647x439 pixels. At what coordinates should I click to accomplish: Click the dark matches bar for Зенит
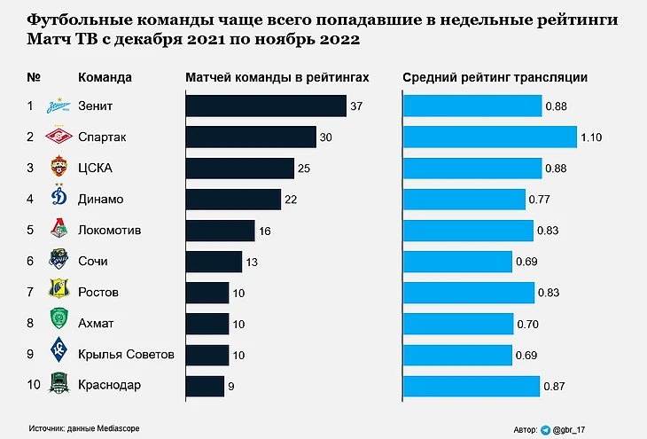tap(265, 106)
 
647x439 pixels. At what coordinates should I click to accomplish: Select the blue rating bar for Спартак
tap(490, 137)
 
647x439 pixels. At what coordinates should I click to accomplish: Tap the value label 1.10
tap(592, 137)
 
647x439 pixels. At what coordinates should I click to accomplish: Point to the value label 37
tap(357, 106)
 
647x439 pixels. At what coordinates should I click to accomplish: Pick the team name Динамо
tap(101, 200)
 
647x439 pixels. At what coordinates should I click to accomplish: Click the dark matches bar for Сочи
tap(214, 262)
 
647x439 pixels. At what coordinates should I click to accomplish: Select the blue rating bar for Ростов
tap(469, 293)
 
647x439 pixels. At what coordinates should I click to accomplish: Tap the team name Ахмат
tap(97, 324)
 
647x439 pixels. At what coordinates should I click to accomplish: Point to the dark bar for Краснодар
tap(205, 386)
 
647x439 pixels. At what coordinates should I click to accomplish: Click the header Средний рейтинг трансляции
tap(495, 77)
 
